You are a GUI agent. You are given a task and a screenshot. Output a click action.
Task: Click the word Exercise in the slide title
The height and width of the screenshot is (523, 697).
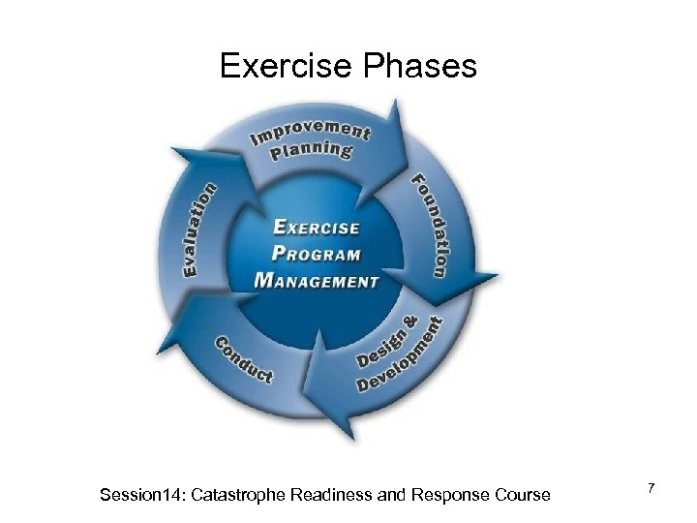coord(282,66)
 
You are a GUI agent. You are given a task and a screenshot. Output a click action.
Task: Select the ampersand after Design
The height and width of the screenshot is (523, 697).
coord(409,321)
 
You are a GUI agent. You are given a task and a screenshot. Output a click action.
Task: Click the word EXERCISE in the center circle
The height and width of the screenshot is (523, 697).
coord(316,229)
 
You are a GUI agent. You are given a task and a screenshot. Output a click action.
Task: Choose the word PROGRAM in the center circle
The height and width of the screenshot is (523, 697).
coord(316,255)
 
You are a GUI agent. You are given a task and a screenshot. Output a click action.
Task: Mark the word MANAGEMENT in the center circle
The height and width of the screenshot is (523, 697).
coord(316,281)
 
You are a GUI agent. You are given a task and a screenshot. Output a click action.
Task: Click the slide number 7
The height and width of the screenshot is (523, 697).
coord(652,490)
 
